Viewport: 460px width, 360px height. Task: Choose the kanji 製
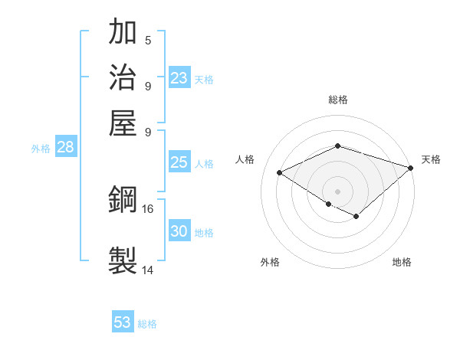point(123,259)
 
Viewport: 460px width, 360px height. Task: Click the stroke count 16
point(148,208)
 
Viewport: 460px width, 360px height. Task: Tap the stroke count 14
point(148,270)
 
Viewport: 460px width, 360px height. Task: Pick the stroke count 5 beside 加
point(148,41)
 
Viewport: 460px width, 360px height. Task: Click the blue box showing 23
point(179,78)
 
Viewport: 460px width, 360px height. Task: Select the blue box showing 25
point(179,162)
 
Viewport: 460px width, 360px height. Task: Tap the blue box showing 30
point(179,231)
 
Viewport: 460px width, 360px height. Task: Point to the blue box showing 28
point(65,148)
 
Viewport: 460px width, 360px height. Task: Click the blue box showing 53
point(123,322)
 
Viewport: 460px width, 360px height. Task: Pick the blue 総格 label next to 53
point(147,324)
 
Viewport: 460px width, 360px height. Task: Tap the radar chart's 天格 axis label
point(431,159)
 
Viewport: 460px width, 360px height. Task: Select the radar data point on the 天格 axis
point(411,167)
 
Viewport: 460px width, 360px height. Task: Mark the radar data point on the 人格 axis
point(280,173)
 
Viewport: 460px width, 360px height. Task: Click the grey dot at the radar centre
point(337,190)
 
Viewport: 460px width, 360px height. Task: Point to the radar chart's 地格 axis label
point(402,262)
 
